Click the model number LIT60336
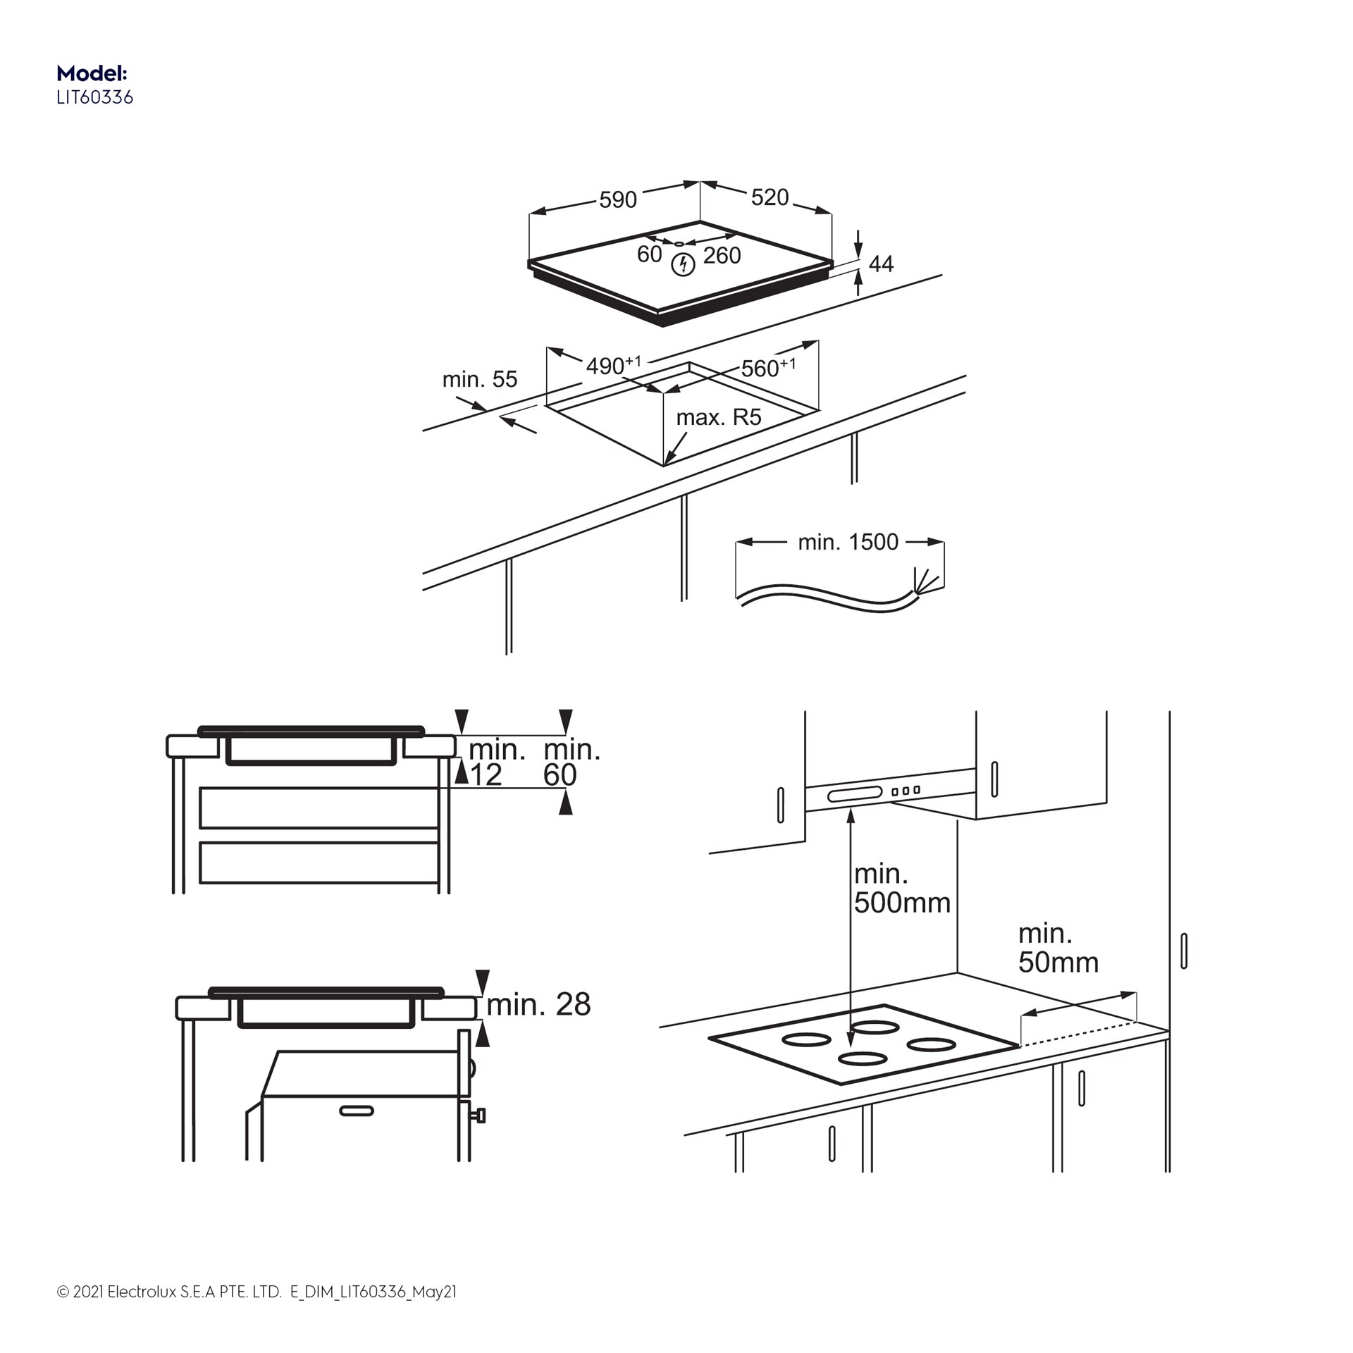pos(94,97)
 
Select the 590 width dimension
pos(617,200)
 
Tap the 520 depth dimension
pos(770,197)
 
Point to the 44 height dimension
pos(881,264)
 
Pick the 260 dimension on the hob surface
pos(722,255)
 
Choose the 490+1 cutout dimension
pos(612,365)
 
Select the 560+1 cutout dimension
pos(767,367)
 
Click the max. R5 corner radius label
pos(718,417)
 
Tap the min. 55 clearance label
pos(479,379)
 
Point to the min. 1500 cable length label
pos(848,542)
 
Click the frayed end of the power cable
pos(925,581)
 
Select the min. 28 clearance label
pos(538,1005)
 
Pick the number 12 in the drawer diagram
pos(486,775)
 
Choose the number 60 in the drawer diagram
pos(560,775)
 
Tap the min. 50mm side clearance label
pos(1057,948)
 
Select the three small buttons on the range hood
pos(906,791)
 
